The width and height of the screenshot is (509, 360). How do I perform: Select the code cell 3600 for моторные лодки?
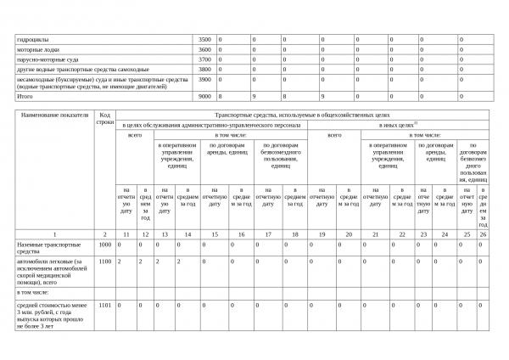[204, 50]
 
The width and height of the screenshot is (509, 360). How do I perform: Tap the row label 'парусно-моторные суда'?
[46, 60]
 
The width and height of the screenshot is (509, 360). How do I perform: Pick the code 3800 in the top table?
[204, 70]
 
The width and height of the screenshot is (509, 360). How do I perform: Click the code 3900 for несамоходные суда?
[204, 80]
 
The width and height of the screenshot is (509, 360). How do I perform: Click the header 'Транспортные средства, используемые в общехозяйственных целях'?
[302, 113]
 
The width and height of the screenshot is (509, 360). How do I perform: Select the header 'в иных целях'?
[397, 124]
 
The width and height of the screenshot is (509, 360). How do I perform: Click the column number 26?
[483, 233]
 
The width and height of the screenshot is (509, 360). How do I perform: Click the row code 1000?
[104, 245]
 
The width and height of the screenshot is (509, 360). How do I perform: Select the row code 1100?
[104, 262]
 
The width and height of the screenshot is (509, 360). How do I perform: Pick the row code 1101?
[104, 303]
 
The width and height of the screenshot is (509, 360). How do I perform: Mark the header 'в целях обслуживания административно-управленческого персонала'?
[210, 124]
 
